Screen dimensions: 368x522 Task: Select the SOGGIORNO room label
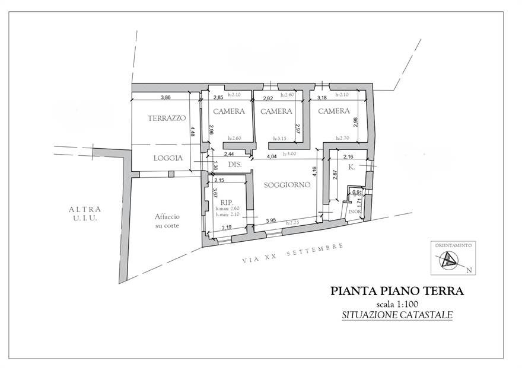click(288, 185)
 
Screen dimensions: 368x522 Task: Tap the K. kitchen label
click(351, 168)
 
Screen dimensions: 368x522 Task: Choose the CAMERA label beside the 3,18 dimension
click(333, 111)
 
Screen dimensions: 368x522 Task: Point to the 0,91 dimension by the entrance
click(357, 191)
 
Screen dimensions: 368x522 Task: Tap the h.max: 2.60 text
click(227, 209)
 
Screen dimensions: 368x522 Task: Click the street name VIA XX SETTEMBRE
click(293, 252)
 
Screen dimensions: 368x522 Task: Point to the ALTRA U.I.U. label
click(85, 214)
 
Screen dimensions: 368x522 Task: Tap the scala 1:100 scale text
click(397, 304)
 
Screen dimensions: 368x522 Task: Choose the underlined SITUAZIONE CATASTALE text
click(397, 316)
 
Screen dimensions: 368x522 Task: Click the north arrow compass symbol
click(450, 259)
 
